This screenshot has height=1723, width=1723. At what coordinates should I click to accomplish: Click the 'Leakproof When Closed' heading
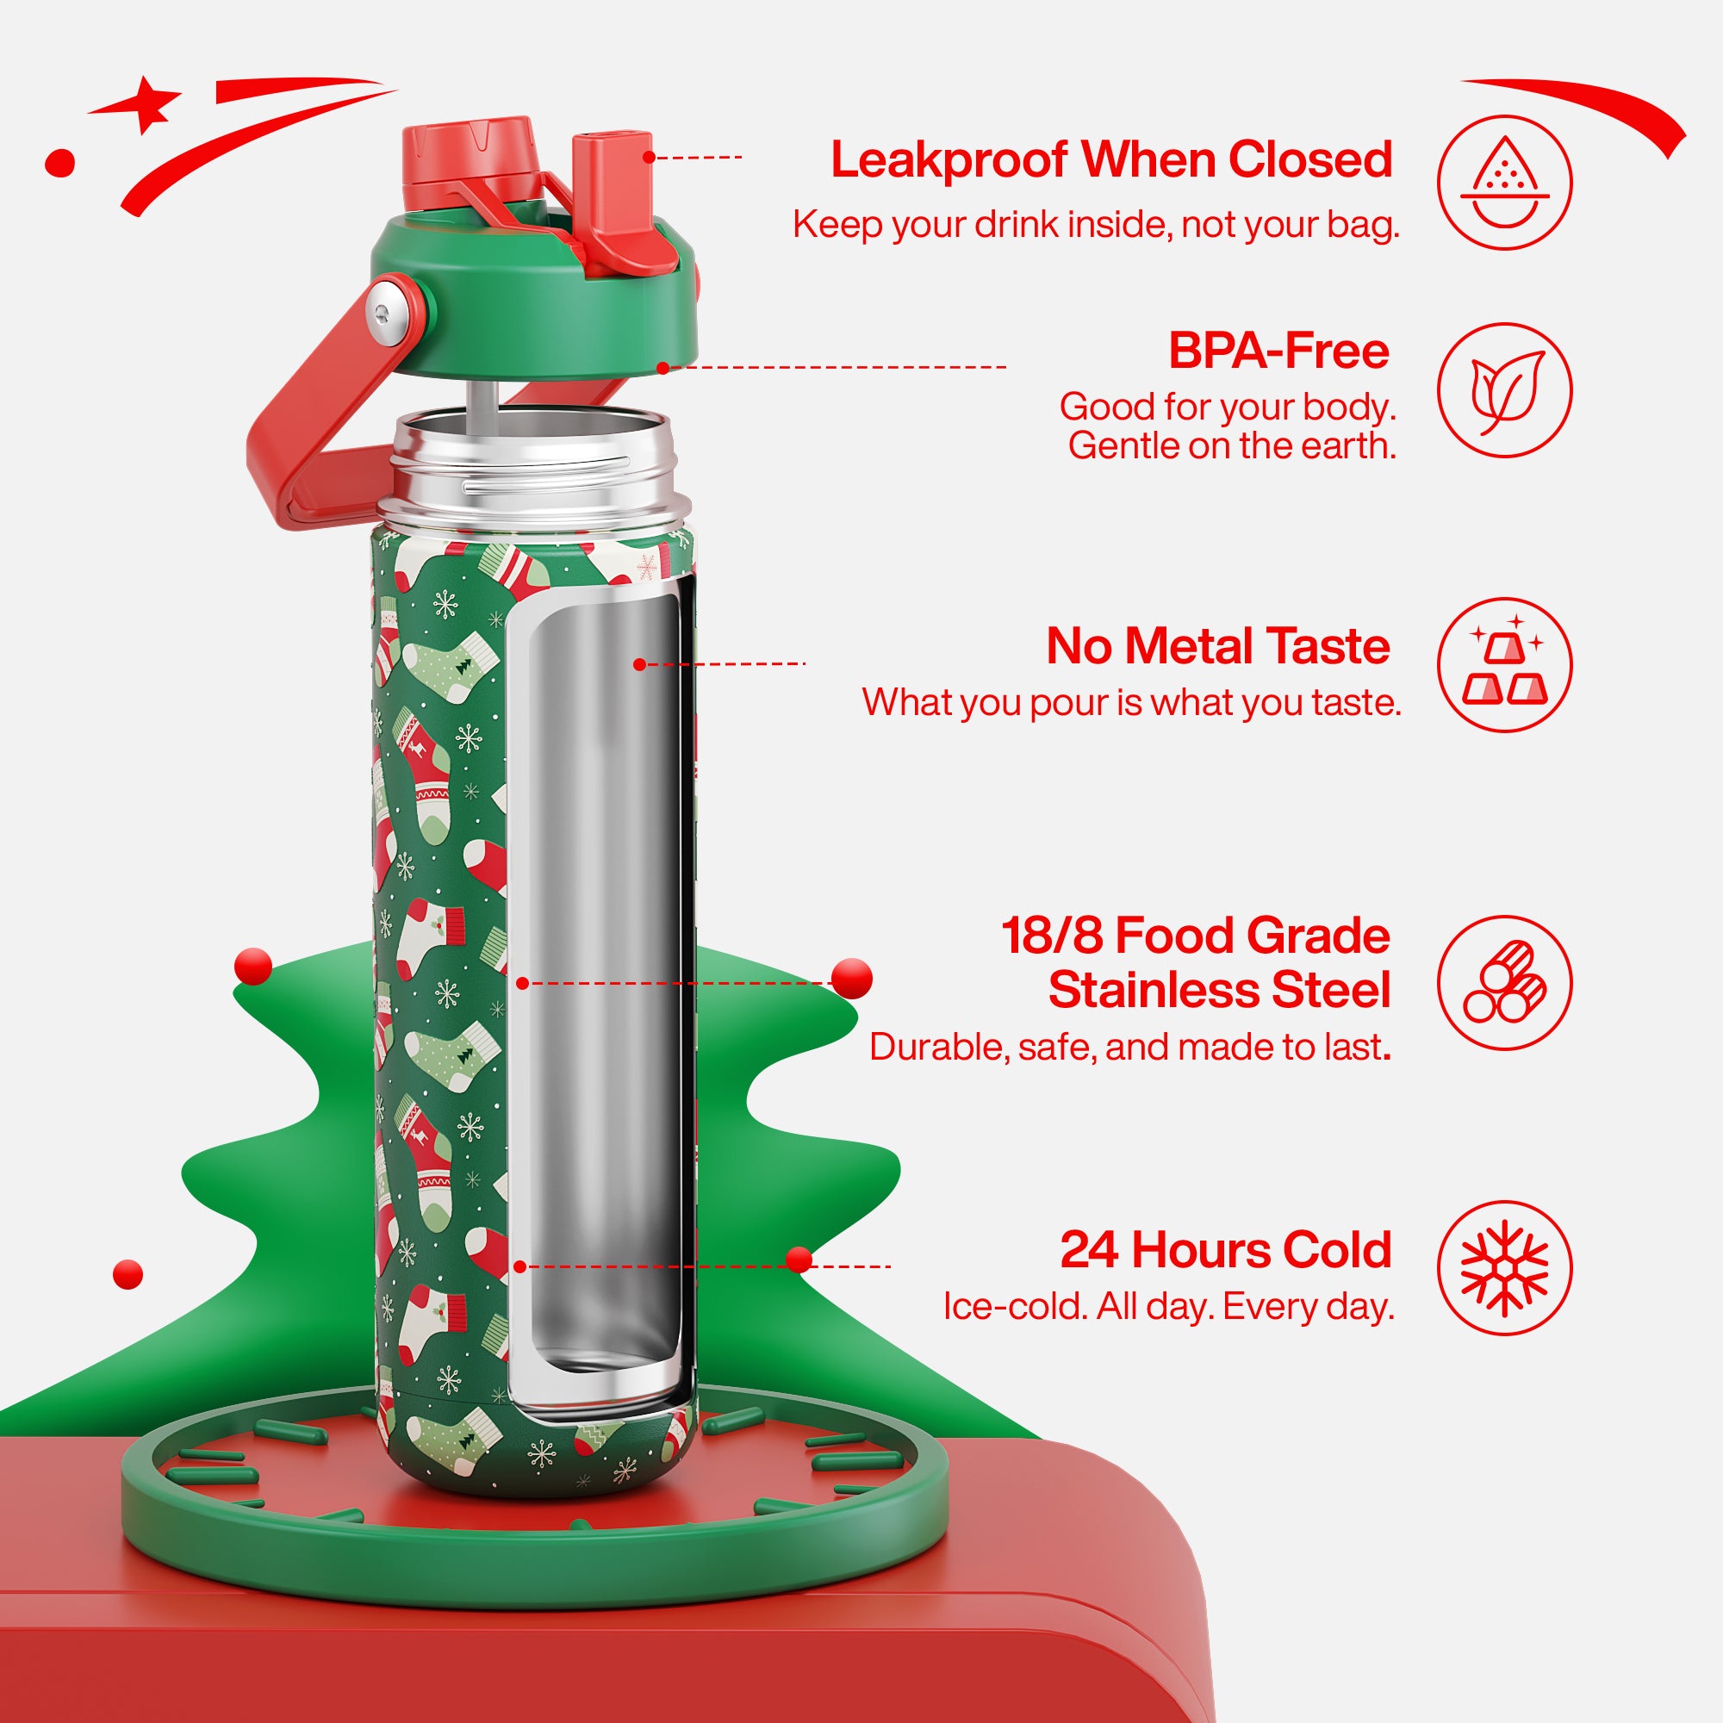[x=1111, y=160]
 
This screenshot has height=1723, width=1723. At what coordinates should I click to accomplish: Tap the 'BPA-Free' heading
[x=1278, y=351]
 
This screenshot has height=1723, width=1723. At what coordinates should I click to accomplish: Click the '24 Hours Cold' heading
[x=1225, y=1249]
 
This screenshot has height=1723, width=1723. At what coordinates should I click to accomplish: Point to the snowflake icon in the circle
[x=1504, y=1268]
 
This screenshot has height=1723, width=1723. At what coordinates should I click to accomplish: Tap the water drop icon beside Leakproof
[x=1505, y=182]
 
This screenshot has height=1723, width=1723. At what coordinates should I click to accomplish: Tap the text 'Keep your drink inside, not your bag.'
[x=1096, y=226]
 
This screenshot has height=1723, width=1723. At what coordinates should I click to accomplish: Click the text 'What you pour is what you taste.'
[x=1132, y=703]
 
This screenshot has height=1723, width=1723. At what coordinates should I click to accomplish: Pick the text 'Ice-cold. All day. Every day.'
[x=1168, y=1307]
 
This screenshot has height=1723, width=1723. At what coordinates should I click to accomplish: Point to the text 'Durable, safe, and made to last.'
[x=1130, y=1047]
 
